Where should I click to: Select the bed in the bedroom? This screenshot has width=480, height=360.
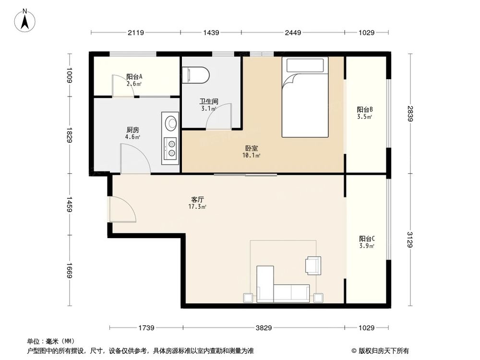click(305, 97)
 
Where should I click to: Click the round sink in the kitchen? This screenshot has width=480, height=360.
click(170, 123)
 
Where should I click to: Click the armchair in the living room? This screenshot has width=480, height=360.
click(313, 265)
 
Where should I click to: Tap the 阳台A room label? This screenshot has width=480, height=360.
click(134, 80)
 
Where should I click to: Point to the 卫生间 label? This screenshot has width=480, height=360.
click(209, 105)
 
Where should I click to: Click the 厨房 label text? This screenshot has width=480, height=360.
click(133, 133)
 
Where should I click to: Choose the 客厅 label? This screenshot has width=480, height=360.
click(197, 203)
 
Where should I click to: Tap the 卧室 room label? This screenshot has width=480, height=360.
click(252, 152)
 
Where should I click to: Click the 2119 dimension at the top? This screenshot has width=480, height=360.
click(136, 33)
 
